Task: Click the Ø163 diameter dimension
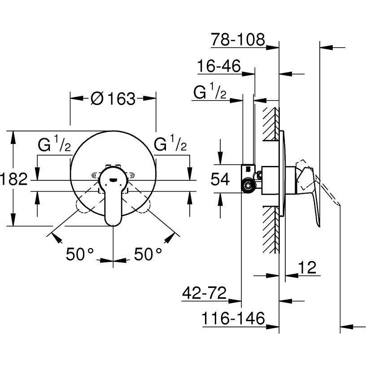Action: click(113, 98)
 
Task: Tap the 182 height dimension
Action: click(14, 179)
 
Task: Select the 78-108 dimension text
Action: click(238, 39)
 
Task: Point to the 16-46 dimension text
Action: click(219, 65)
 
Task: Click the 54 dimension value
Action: click(220, 179)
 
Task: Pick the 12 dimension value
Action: click(307, 267)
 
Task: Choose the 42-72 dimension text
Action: click(204, 293)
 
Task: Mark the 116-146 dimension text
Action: click(233, 318)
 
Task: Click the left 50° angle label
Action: click(80, 254)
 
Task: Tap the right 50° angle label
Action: click(148, 254)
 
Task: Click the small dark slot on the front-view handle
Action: click(113, 180)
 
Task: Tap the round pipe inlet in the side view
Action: click(248, 186)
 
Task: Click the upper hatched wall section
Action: click(271, 124)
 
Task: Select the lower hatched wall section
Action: click(271, 230)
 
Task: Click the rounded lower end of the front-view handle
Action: click(113, 222)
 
